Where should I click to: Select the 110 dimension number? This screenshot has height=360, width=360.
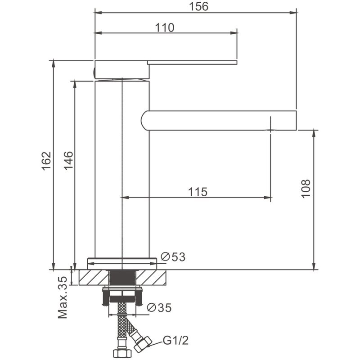(165, 27)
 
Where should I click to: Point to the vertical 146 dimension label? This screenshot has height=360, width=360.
(68, 161)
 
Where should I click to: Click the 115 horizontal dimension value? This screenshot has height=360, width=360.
(198, 192)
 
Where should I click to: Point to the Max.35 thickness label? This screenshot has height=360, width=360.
(63, 297)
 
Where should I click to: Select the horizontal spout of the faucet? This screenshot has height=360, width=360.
(220, 120)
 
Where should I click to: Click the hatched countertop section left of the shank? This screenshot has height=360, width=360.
(94, 277)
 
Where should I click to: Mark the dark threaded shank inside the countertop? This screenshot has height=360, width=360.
(122, 277)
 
